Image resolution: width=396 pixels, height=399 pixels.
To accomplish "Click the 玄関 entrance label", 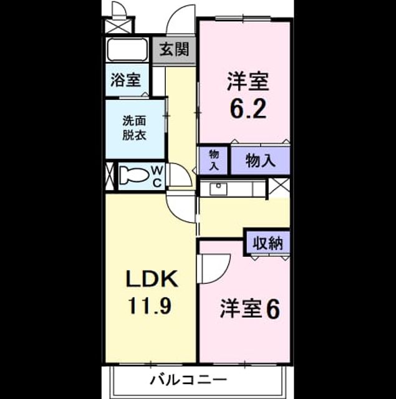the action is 175,49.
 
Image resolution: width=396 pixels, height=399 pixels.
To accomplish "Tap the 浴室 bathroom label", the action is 125,80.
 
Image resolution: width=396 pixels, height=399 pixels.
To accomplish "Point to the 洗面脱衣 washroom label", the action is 134,128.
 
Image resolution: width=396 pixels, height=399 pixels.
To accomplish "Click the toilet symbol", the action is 134,175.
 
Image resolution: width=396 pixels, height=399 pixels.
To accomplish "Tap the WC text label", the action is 158,176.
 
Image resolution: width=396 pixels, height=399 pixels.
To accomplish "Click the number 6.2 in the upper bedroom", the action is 248,108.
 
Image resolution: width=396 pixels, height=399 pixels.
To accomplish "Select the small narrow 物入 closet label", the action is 214,160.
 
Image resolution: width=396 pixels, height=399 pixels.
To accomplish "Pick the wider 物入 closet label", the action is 260,160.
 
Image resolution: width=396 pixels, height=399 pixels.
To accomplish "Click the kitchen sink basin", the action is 218,189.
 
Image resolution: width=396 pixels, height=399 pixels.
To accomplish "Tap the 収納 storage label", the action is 268,243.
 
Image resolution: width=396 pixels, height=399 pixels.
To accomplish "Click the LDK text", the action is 152,279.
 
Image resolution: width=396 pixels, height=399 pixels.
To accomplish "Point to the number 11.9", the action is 150,305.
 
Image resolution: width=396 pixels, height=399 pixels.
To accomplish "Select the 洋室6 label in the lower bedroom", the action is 250,309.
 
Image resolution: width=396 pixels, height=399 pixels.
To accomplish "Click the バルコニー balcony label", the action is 188,380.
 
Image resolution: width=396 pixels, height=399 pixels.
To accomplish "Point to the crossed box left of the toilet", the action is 110,176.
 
